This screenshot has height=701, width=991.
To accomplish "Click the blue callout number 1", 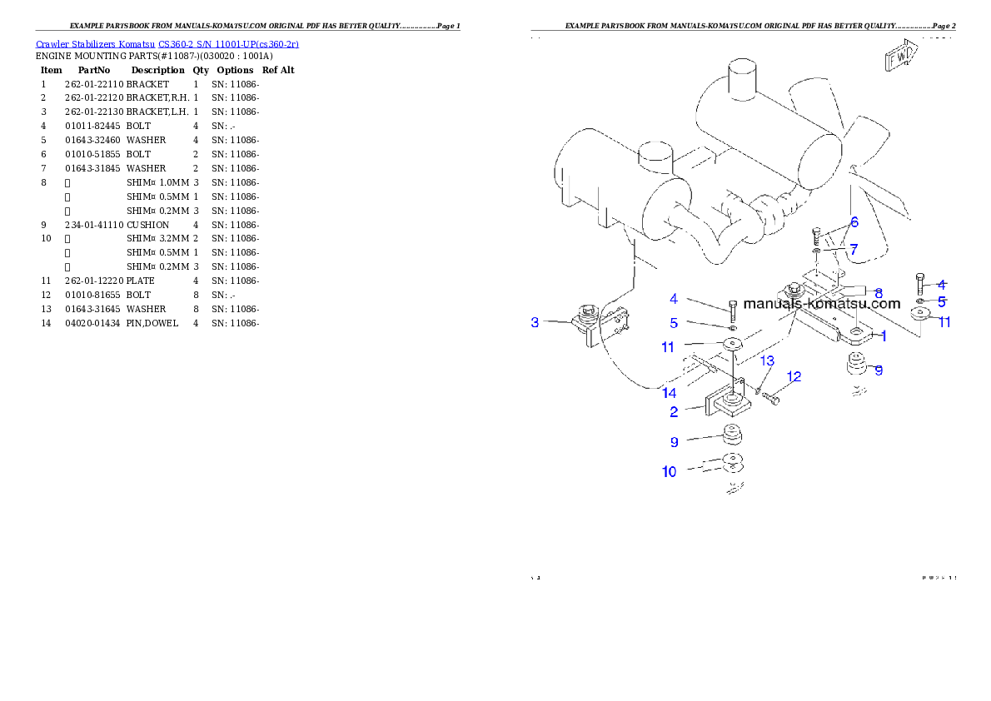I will pyautogui.click(x=883, y=336).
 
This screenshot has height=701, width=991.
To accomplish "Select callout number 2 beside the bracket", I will pyautogui.click(x=675, y=411).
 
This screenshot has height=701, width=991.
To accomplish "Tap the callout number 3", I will pyautogui.click(x=535, y=322).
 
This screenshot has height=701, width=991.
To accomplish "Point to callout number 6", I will pyautogui.click(x=854, y=222).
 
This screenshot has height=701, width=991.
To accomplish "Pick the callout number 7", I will pyautogui.click(x=854, y=249).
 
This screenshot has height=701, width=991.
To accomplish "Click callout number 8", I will pyautogui.click(x=879, y=293).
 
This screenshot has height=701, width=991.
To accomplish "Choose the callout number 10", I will pyautogui.click(x=670, y=472).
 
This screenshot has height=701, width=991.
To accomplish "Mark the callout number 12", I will pyautogui.click(x=794, y=377).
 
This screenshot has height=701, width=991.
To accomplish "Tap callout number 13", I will pyautogui.click(x=767, y=360).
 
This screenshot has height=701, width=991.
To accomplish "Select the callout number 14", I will pyautogui.click(x=670, y=392).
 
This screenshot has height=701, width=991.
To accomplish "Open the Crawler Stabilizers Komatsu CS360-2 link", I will pyautogui.click(x=167, y=44).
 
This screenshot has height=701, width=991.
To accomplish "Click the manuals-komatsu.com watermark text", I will pyautogui.click(x=821, y=304).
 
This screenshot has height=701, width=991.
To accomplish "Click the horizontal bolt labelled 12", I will pyautogui.click(x=771, y=400).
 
